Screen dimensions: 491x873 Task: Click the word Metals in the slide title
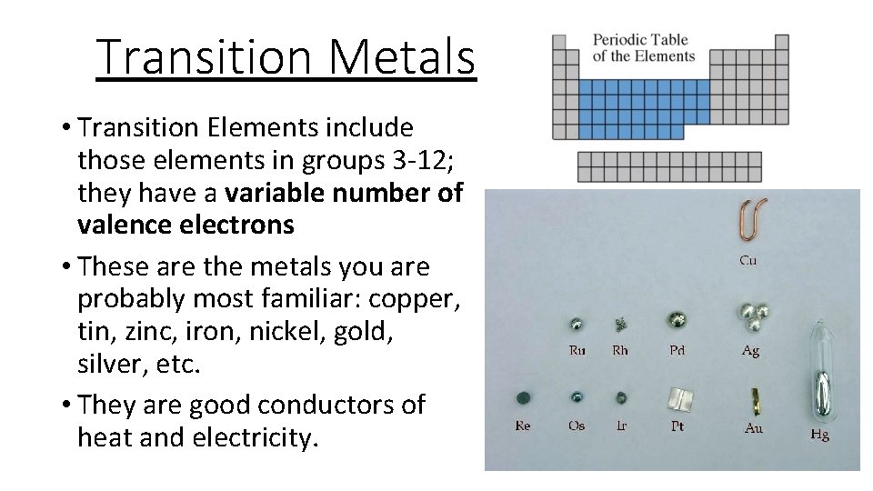[x=403, y=56]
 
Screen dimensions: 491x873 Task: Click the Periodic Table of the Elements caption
[x=643, y=47]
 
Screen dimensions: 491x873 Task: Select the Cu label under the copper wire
[x=748, y=260]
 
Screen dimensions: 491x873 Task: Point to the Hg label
[x=819, y=435]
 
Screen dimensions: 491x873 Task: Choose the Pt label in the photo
[x=677, y=426]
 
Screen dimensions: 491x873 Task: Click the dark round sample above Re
[x=523, y=397]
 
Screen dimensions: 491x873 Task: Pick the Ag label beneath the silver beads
[x=750, y=350]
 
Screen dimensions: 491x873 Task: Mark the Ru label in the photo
[x=577, y=350]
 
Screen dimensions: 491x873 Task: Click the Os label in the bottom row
[x=577, y=426]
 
